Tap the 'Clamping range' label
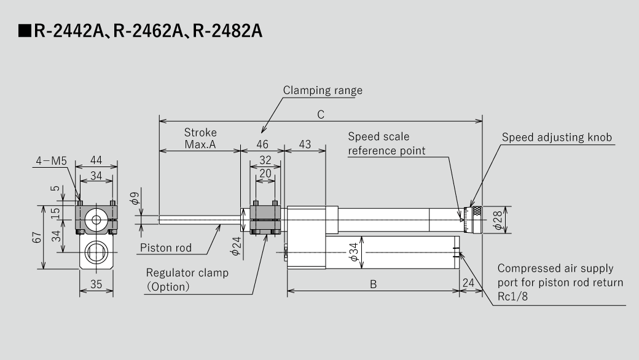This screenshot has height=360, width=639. coord(323,90)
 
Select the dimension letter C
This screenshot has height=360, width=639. coord(320,114)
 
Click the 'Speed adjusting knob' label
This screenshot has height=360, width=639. coord(557,137)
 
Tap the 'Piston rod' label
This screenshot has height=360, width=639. coord(166,248)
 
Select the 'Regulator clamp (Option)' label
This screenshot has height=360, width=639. coord(187,280)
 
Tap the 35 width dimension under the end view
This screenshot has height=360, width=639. coord(96,284)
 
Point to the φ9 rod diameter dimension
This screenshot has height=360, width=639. coord(135,200)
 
